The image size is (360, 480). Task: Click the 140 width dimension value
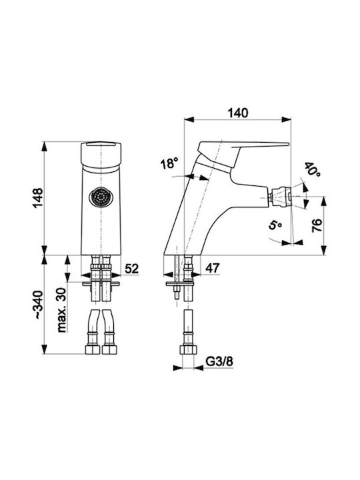point(238,113)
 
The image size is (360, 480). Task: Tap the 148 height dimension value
point(38,198)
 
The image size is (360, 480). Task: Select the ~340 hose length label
point(38,304)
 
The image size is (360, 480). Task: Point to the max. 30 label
point(61,310)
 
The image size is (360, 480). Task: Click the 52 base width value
point(131,269)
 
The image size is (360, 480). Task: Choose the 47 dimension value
point(213,268)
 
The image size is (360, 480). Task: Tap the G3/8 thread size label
point(219,361)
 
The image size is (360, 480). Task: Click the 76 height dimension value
point(317,225)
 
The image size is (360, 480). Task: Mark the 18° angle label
point(169,163)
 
